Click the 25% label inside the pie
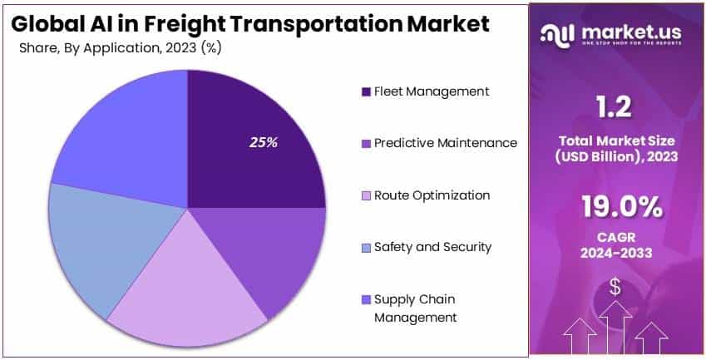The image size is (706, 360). (264, 142)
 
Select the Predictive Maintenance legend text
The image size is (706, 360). (446, 143)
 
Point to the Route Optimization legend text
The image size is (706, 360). (432, 195)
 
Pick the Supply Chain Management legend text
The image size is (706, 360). (416, 308)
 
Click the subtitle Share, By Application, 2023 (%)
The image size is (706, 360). (121, 47)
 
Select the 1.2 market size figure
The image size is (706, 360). (615, 107)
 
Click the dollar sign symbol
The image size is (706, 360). (615, 288)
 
